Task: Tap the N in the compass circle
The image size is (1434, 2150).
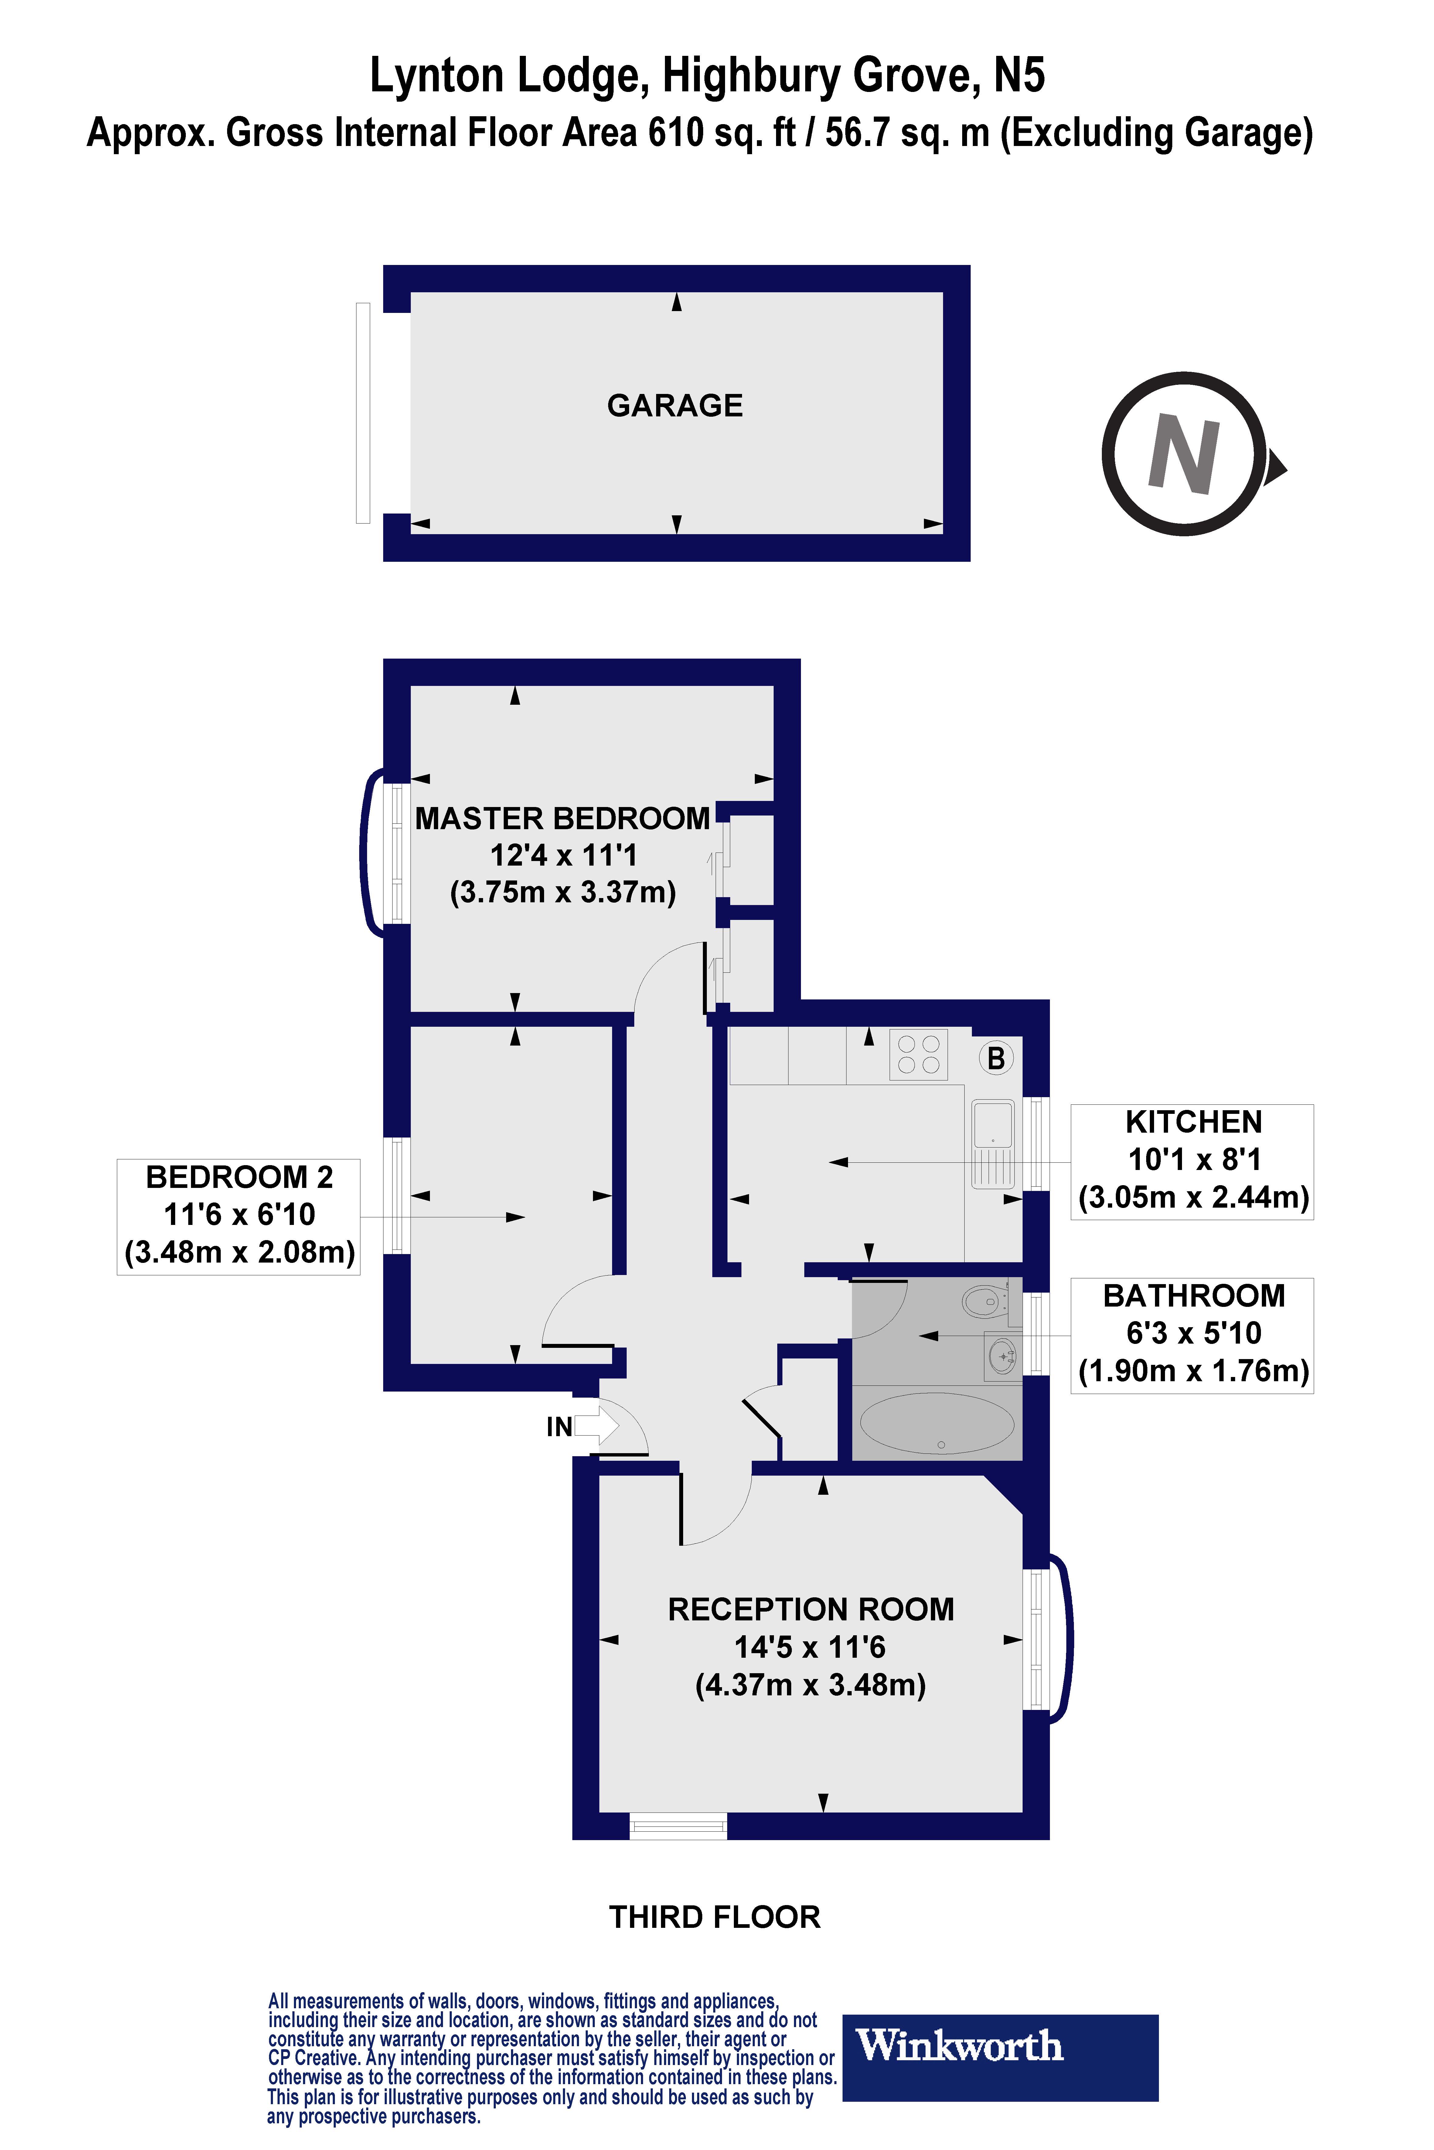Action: click(1184, 453)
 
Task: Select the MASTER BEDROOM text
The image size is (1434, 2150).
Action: click(562, 818)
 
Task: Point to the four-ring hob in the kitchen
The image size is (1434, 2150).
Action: click(918, 1054)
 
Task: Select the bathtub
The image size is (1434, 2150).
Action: click(937, 1423)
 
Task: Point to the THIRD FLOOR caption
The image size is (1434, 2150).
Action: click(714, 1917)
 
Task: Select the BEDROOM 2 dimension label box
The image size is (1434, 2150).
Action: click(239, 1216)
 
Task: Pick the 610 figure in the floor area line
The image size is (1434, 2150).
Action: click(676, 134)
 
